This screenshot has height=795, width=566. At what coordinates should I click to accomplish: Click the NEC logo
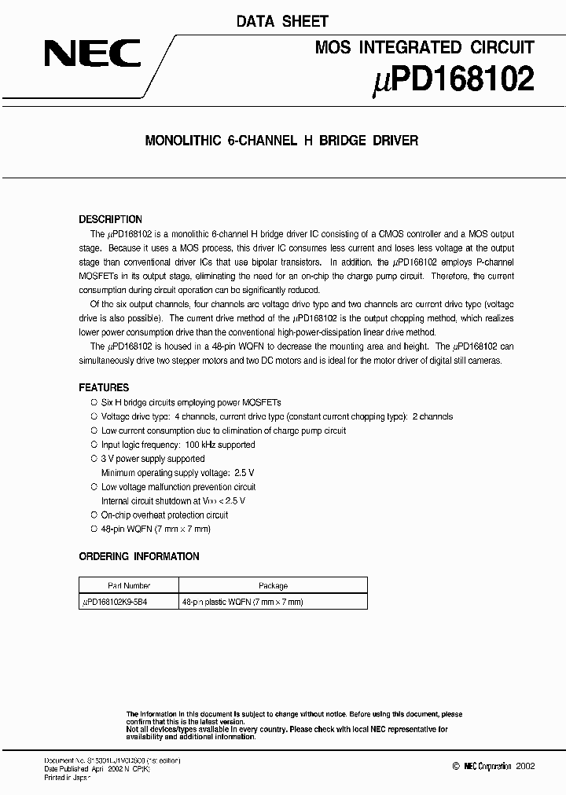pos(93,54)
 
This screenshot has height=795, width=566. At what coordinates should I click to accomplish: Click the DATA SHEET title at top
pos(282,21)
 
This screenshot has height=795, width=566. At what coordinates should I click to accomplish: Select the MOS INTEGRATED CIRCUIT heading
pos(424,47)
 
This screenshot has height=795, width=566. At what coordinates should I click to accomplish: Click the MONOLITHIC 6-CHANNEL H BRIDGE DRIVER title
pos(282,141)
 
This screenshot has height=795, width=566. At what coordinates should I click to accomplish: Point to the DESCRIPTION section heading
pos(111,219)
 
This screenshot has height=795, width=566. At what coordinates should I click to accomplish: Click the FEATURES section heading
pos(104,387)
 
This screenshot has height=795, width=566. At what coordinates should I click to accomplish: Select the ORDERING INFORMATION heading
pos(139,556)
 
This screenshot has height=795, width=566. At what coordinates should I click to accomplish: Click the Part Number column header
pos(129,585)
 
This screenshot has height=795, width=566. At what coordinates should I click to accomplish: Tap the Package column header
pos(273,585)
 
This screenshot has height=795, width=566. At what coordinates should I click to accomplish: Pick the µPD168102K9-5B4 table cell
pos(120,602)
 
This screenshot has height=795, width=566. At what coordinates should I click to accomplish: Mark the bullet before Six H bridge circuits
pos(94,402)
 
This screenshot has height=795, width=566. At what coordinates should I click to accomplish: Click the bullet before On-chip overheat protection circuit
pos(94,515)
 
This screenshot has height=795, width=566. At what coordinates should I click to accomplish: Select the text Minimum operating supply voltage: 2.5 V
pos(178,473)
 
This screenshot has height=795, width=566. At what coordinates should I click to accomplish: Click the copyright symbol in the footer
pos(456,766)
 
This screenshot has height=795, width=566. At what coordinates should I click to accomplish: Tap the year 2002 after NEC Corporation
pos(524,766)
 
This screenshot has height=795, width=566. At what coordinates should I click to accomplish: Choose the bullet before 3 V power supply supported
pos(94,459)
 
